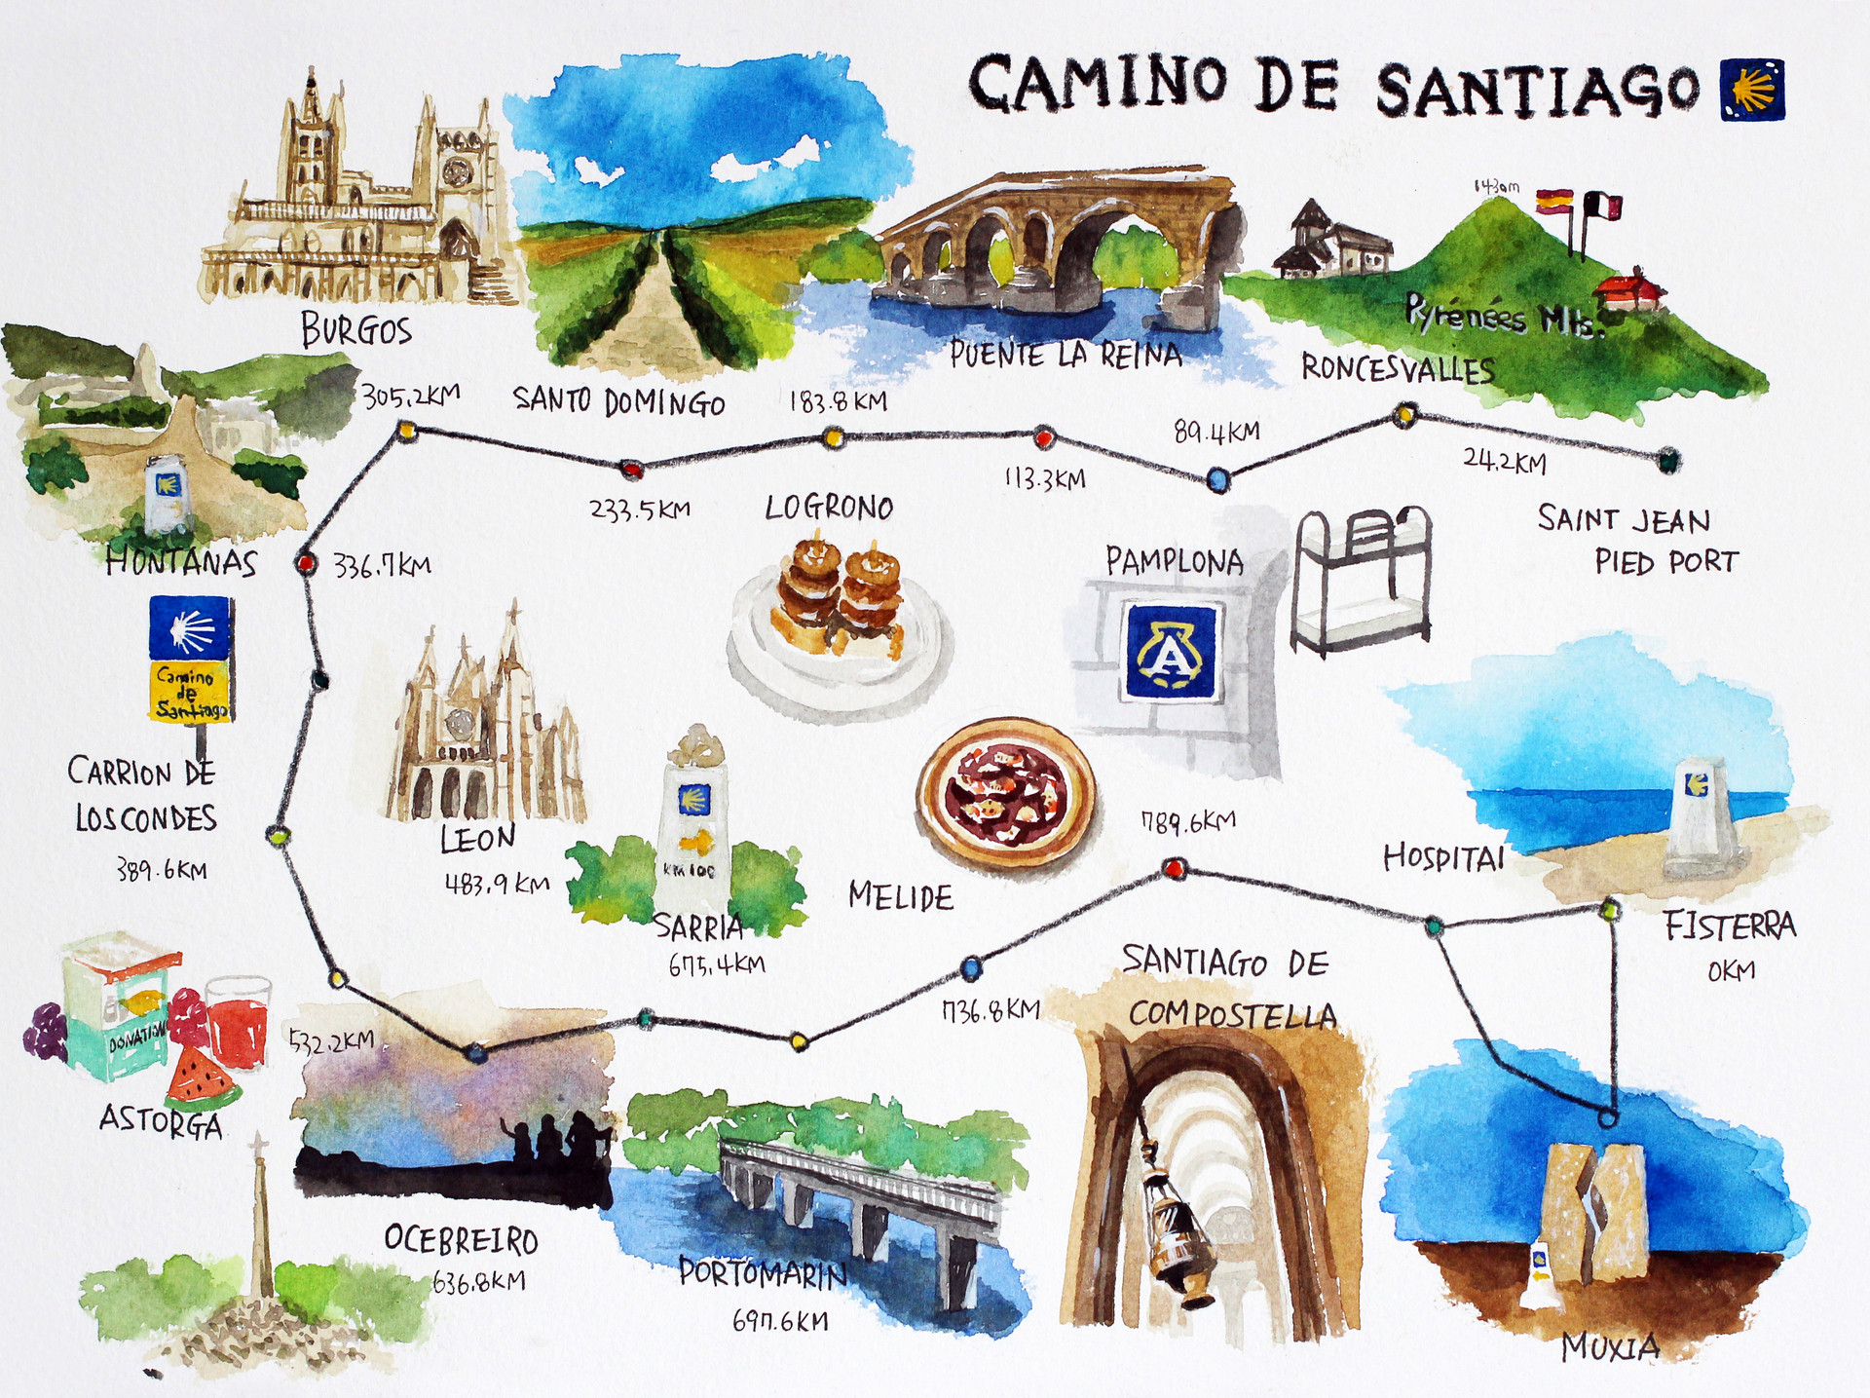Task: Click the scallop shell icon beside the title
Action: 1752,90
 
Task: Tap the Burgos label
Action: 356,329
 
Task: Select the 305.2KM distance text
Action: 410,396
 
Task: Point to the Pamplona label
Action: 1174,561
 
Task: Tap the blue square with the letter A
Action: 1171,651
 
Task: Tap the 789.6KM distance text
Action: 1187,822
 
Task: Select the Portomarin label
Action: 763,1272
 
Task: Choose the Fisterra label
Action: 1729,925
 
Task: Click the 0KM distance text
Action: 1731,970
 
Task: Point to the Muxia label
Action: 1610,1347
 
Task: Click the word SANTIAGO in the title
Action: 1538,91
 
